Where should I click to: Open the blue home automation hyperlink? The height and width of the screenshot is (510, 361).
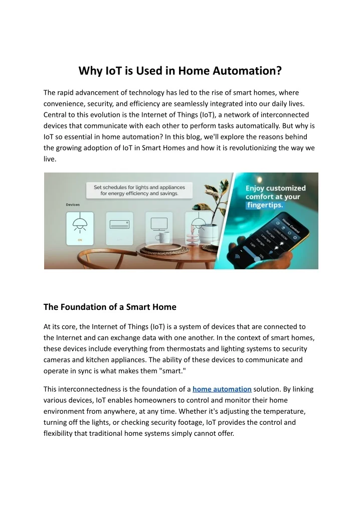coord(222,389)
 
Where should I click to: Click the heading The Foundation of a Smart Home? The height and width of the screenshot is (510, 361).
coord(110,306)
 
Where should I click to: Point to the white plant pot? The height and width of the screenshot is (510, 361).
coord(209,233)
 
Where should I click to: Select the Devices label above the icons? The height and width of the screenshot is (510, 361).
coord(73,205)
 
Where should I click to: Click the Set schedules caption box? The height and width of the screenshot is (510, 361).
coord(136,190)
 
